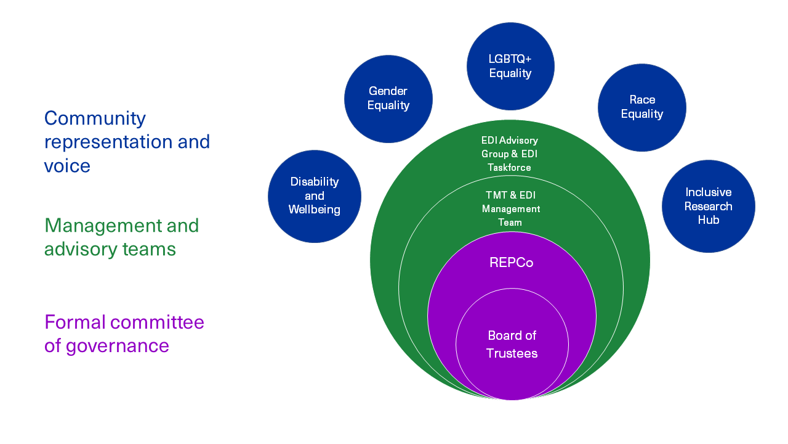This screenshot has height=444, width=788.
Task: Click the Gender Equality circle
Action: coord(388,99)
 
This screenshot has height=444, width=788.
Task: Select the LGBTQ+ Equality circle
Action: coord(510,66)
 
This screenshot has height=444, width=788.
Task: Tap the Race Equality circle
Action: coord(641,107)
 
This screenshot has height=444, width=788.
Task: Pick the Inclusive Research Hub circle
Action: coord(708,206)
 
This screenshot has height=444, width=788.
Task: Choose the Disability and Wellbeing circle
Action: coord(314,196)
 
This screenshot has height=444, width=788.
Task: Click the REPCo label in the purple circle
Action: coord(511,263)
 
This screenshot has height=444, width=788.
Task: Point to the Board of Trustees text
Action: coord(512,344)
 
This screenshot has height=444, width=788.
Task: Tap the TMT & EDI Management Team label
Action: coord(510,208)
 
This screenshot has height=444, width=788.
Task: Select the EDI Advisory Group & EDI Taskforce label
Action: coord(509,154)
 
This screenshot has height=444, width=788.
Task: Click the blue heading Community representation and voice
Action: coord(127,142)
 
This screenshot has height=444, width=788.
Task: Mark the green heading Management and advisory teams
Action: coord(121,237)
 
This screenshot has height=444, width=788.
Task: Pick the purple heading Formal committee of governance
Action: coord(124,334)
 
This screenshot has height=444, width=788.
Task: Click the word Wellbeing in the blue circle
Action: coord(314,210)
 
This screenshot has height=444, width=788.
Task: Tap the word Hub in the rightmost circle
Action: coord(708,220)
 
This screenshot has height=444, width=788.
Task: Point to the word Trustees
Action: coord(512,353)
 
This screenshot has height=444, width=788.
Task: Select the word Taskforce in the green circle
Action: coord(509,167)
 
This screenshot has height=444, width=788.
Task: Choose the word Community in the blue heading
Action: coord(95,118)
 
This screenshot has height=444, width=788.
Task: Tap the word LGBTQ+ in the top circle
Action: coord(510,59)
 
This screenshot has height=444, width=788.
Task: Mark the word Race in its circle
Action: coord(642,100)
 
